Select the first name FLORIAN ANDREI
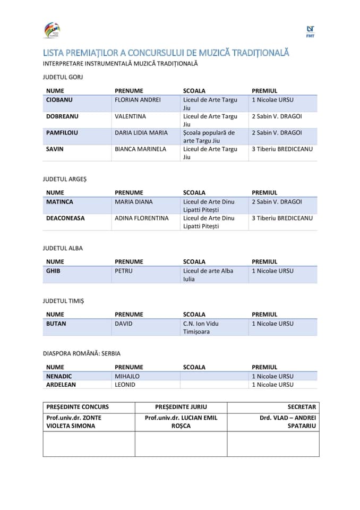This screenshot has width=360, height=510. (138, 100)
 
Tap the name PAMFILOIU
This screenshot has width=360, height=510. (62, 133)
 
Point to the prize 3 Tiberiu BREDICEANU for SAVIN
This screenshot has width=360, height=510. (282, 149)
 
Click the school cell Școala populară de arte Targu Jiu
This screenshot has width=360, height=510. (209, 137)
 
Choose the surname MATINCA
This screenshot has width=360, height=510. (59, 202)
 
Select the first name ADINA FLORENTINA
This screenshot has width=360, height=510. (142, 218)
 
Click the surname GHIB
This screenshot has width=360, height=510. (53, 271)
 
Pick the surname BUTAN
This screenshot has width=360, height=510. (56, 324)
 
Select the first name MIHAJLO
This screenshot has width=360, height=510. (127, 376)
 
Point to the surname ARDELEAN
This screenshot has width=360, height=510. (61, 385)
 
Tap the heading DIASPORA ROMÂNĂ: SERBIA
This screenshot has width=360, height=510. (85, 353)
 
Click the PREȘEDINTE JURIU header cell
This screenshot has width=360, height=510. (181, 407)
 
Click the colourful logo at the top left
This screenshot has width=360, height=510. (52, 30)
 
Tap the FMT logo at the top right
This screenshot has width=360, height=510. (310, 31)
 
